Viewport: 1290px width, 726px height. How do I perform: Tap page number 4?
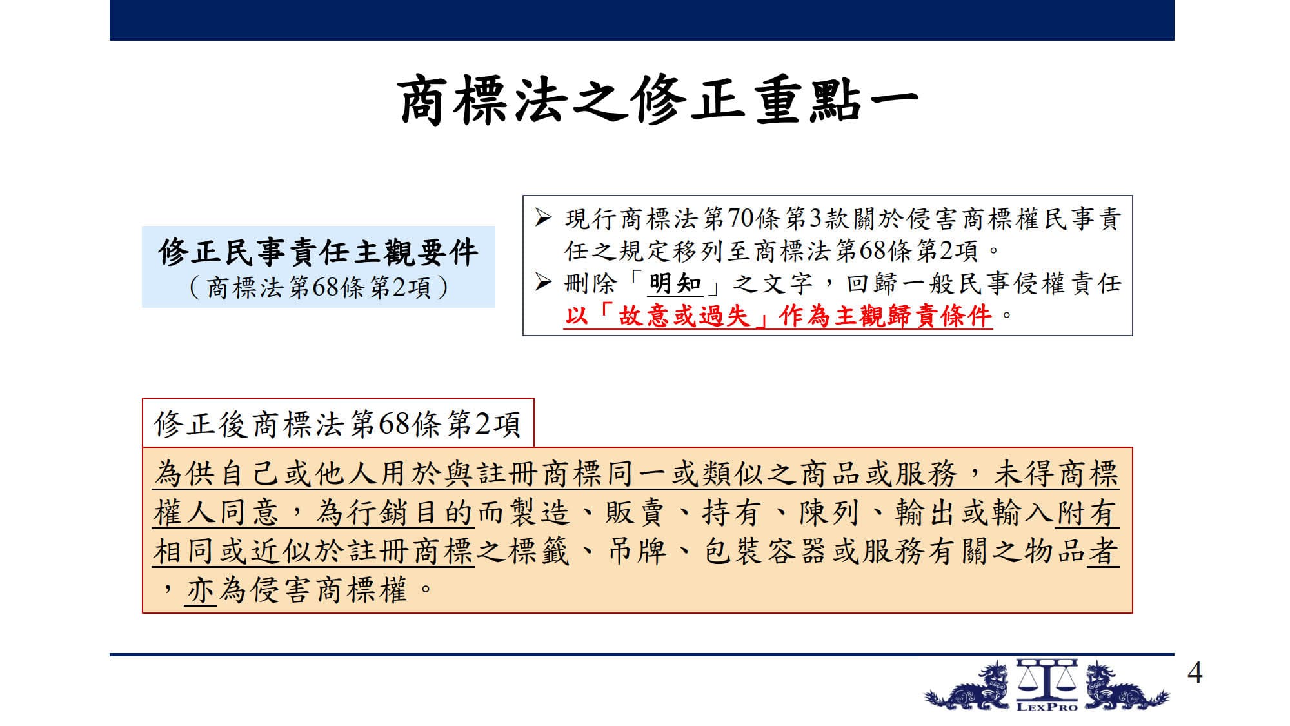pos(1195,673)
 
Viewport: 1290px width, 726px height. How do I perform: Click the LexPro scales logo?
pos(1046,685)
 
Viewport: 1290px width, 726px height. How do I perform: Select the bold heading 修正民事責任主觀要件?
pos(319,252)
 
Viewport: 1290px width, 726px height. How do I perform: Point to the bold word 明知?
pos(675,283)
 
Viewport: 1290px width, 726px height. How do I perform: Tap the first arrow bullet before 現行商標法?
pos(543,218)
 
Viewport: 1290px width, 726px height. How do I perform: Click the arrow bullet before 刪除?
pos(543,283)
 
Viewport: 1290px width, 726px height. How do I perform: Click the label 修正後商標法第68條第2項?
pos(337,424)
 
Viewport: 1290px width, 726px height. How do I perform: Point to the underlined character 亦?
pos(201,590)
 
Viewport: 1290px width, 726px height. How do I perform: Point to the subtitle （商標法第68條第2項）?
pos(319,287)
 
